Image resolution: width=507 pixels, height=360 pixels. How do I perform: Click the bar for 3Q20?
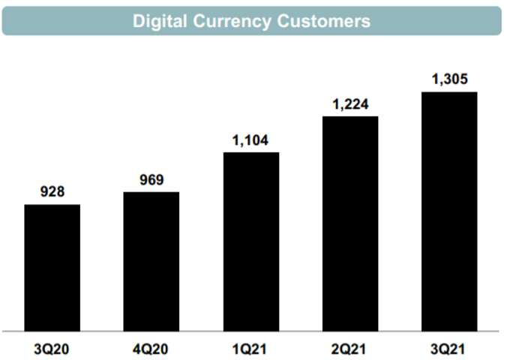click(52, 267)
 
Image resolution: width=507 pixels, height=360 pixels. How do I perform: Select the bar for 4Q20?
click(151, 261)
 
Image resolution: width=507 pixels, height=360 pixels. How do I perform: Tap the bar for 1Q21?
click(251, 241)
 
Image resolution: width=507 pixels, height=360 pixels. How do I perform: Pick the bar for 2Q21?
click(350, 223)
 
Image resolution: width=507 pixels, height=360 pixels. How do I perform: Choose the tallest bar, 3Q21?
click(449, 211)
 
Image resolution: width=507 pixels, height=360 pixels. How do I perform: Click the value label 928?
click(52, 192)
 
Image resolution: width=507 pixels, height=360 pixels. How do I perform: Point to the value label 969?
click(151, 179)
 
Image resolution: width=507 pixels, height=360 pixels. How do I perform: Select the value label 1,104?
click(251, 139)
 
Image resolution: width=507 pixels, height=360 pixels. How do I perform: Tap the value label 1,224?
click(350, 103)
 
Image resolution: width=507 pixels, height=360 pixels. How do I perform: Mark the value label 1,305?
click(449, 79)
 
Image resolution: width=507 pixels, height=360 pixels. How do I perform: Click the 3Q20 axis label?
click(52, 348)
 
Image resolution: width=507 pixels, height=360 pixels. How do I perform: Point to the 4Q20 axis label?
click(151, 348)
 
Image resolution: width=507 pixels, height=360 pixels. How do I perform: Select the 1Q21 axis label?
click(251, 348)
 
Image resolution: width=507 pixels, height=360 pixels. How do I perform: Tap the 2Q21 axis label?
click(350, 348)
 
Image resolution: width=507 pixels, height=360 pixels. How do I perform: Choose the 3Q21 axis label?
click(449, 348)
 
